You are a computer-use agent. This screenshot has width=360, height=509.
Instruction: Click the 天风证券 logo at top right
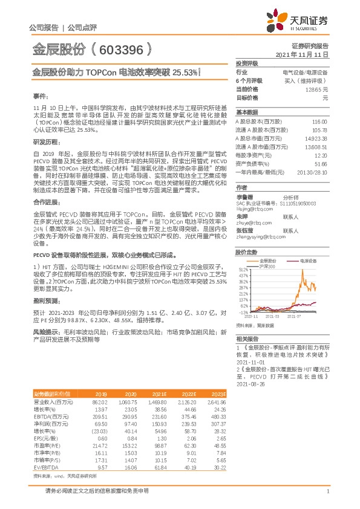tap(302, 22)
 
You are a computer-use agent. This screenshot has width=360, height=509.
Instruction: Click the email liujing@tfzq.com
tap(252, 208)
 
